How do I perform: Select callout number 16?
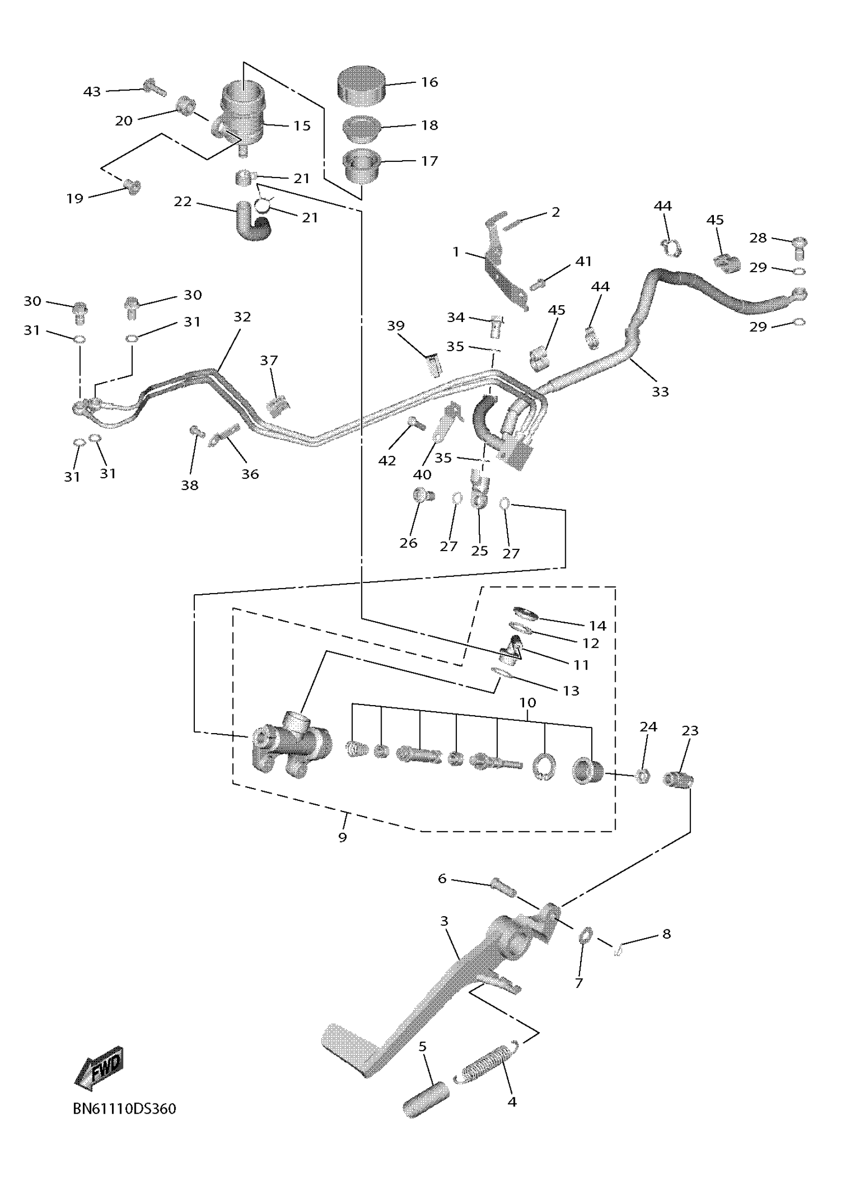429,82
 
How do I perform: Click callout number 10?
528,702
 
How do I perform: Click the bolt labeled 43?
154,87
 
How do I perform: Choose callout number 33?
660,392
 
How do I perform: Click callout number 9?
343,837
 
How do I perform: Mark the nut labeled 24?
642,775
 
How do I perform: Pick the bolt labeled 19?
132,186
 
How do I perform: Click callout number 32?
242,317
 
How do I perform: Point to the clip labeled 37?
278,405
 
